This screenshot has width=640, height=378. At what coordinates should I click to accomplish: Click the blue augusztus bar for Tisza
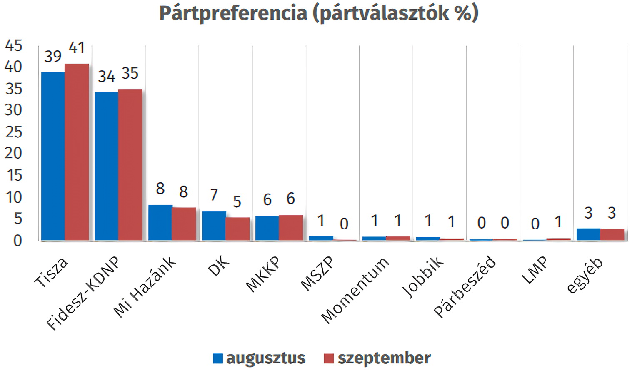(x=53, y=156)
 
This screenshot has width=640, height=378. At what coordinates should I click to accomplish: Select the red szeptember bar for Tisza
(x=77, y=152)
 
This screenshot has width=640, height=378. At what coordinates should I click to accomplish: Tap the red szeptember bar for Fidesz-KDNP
(x=130, y=164)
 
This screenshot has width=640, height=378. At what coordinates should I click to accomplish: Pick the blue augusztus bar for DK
(x=214, y=226)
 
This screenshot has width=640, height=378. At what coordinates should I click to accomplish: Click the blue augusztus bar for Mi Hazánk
(x=160, y=222)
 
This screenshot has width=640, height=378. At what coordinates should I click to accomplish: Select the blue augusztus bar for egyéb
(x=588, y=234)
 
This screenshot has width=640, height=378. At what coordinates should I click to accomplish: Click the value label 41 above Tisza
(x=77, y=48)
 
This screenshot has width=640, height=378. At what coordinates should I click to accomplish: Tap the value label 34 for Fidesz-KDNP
(x=106, y=77)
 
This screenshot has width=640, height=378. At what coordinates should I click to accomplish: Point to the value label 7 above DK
(x=214, y=194)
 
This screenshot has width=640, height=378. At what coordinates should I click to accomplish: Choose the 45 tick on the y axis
(x=14, y=45)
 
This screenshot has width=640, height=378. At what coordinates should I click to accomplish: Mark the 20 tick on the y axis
(x=14, y=153)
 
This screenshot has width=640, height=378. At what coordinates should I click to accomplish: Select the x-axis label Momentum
(x=355, y=290)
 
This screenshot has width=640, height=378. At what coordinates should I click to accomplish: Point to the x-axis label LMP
(x=535, y=271)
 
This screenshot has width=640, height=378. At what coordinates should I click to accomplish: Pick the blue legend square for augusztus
(x=218, y=358)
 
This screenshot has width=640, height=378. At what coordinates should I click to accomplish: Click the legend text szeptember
(x=384, y=358)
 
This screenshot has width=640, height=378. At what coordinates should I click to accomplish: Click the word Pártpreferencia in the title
(x=233, y=13)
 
